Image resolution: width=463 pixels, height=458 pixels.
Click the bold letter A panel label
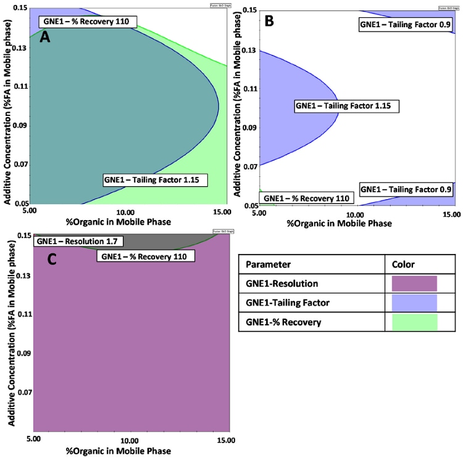click(45, 38)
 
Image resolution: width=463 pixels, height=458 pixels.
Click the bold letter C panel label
click(52, 260)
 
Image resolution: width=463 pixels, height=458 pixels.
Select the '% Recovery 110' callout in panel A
click(88, 21)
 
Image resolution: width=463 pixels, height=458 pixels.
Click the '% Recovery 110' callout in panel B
click(307, 198)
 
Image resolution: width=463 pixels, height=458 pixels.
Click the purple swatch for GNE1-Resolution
click(414, 284)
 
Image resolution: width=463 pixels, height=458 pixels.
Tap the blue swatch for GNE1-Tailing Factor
click(414, 303)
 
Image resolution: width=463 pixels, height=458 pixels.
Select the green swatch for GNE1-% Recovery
click(414, 322)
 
